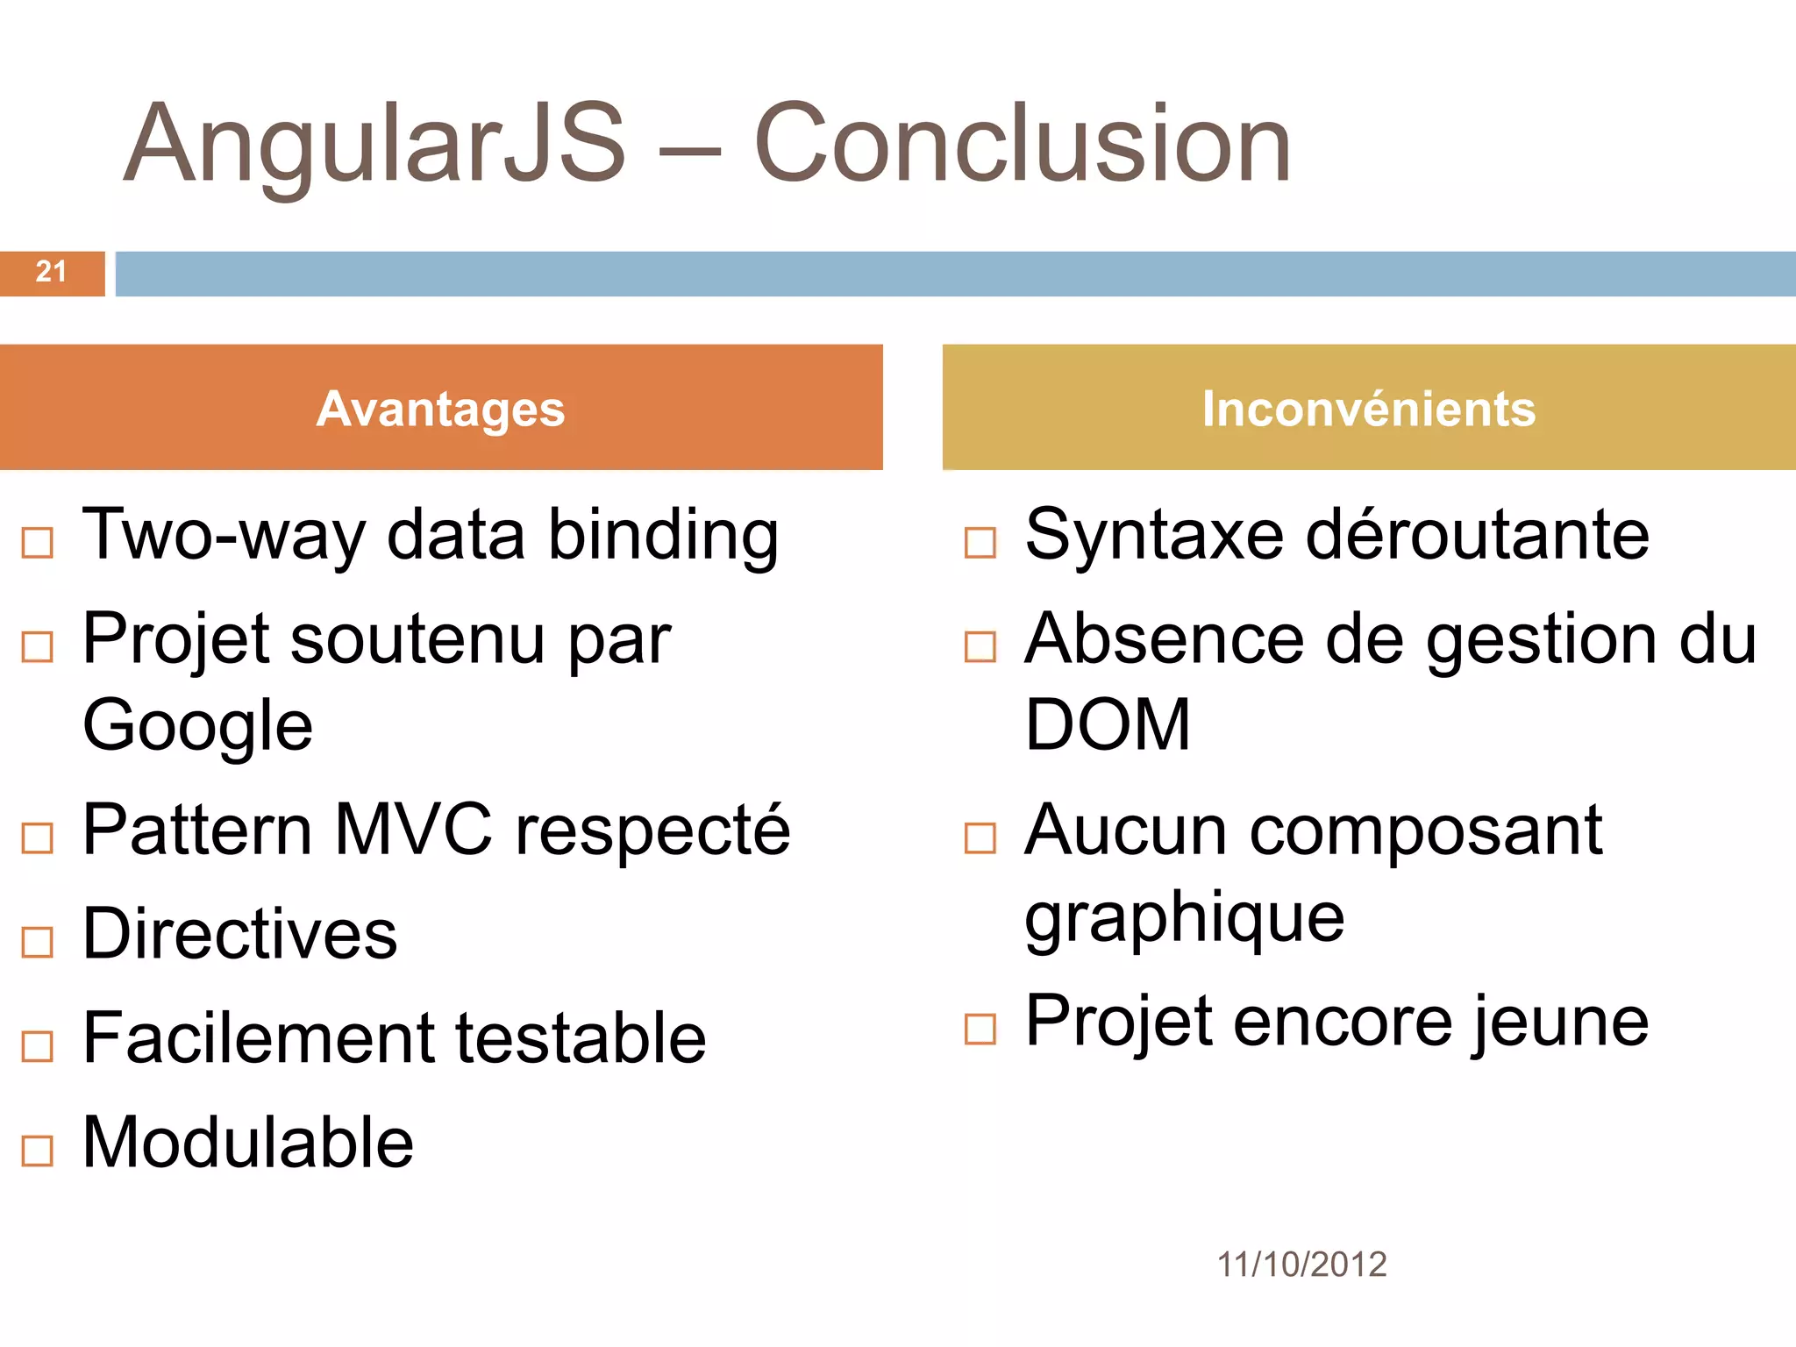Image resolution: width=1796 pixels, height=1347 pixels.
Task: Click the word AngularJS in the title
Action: pyautogui.click(x=374, y=145)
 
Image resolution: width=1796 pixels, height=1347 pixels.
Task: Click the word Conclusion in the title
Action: pyautogui.click(x=1022, y=145)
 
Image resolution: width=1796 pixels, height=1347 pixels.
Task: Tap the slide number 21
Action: pyautogui.click(x=51, y=272)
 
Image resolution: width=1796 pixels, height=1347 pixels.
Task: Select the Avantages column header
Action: pyautogui.click(x=440, y=409)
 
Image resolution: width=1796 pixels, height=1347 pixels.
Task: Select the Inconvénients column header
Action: pyautogui.click(x=1369, y=409)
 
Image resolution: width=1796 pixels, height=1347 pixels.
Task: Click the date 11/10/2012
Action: pyautogui.click(x=1301, y=1265)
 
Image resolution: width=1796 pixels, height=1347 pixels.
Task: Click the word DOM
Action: pyautogui.click(x=1108, y=726)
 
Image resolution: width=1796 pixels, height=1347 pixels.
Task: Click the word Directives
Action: pyautogui.click(x=239, y=935)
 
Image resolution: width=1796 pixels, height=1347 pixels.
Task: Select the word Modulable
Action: pyautogui.click(x=247, y=1143)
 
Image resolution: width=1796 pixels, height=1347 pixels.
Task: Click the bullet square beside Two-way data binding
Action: pyautogui.click(x=38, y=543)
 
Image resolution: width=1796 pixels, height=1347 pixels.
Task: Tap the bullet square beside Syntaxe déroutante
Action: pyautogui.click(x=980, y=543)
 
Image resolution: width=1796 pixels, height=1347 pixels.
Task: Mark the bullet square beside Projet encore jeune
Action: pyautogui.click(x=980, y=1030)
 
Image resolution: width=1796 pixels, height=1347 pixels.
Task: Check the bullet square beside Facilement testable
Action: pyautogui.click(x=38, y=1046)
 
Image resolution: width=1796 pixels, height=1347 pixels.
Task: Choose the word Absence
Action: pyautogui.click(x=1165, y=639)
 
